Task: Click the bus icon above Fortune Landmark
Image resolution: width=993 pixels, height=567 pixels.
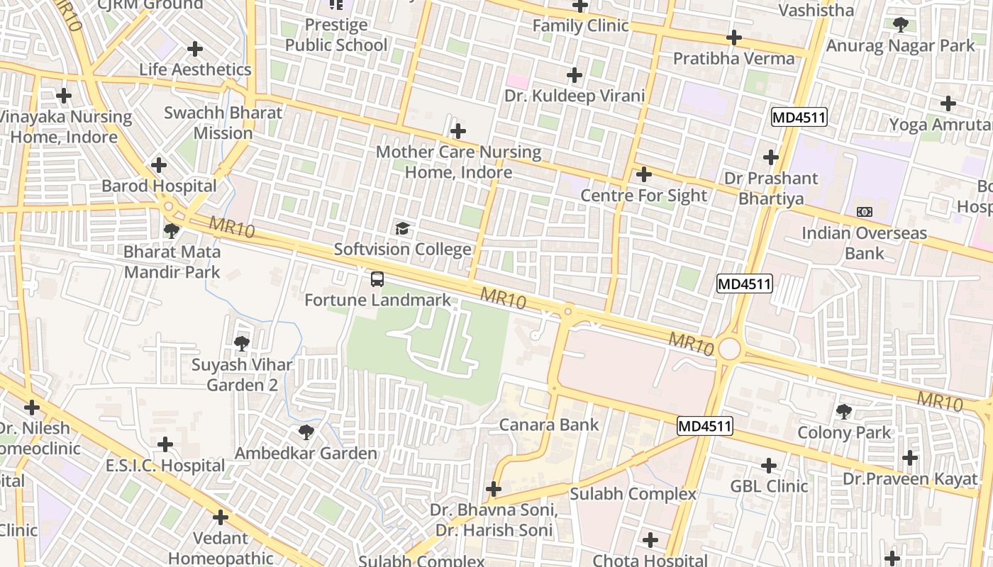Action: click(377, 279)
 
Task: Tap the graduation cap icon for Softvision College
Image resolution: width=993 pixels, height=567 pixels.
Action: click(403, 228)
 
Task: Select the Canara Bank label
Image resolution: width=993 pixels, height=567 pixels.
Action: click(549, 425)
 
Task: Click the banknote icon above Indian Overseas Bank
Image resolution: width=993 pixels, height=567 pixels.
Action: click(864, 212)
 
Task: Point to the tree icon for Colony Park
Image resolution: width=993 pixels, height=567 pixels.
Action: click(844, 411)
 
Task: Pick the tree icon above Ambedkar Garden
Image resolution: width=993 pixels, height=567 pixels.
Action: click(306, 432)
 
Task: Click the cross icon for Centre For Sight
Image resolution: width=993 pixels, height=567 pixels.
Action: click(644, 174)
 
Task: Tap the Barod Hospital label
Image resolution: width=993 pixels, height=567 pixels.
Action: click(159, 186)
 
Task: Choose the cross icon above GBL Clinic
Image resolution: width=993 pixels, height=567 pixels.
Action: click(769, 466)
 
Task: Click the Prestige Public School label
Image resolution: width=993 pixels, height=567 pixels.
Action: click(336, 35)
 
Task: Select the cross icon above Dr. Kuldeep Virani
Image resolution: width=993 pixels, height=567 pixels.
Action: click(575, 74)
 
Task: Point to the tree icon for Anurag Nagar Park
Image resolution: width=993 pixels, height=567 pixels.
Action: click(901, 25)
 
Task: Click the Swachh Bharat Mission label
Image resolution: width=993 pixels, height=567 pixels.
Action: click(223, 123)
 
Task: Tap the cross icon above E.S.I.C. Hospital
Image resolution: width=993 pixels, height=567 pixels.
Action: click(165, 444)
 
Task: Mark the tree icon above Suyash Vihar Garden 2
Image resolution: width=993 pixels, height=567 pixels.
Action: click(242, 344)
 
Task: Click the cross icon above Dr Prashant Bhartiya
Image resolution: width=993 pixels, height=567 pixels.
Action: click(771, 157)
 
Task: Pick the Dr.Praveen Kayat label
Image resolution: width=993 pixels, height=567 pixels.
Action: click(910, 479)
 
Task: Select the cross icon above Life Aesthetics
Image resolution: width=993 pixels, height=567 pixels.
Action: click(195, 49)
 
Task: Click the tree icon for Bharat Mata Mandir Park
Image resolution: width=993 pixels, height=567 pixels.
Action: click(171, 230)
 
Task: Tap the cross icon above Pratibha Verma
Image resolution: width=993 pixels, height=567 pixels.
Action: click(734, 37)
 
